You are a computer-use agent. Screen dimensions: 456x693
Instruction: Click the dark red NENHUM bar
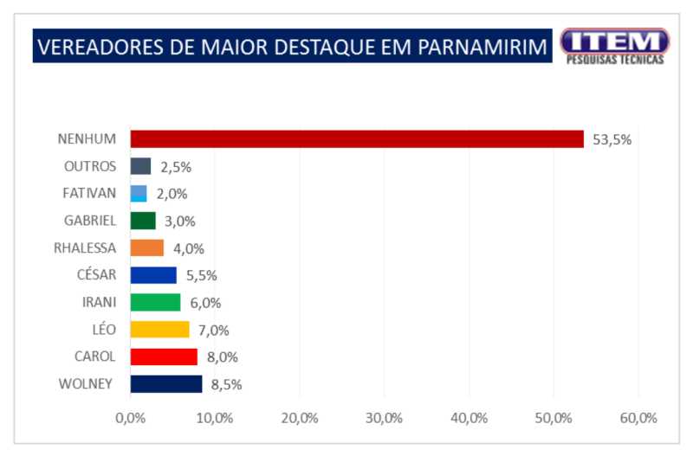[x=357, y=139]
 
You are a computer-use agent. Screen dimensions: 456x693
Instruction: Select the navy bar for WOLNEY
[x=166, y=383]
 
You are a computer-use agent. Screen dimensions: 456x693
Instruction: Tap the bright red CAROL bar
[x=164, y=356]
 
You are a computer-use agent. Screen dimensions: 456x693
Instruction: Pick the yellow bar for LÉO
[x=159, y=330]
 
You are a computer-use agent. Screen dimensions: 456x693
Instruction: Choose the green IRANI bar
[x=155, y=302]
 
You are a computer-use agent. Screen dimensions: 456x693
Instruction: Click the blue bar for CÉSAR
[x=153, y=275]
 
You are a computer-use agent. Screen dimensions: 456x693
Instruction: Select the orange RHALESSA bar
[x=147, y=248]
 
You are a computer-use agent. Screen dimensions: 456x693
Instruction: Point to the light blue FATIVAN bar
[x=139, y=194]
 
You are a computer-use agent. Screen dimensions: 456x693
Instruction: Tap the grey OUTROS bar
[x=140, y=166]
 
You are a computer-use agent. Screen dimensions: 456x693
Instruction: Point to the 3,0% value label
[x=180, y=222]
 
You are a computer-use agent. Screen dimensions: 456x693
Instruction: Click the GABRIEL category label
[x=90, y=221]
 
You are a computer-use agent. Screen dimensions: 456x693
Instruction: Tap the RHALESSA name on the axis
[x=84, y=248]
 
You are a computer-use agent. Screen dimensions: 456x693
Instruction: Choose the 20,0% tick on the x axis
[x=300, y=418]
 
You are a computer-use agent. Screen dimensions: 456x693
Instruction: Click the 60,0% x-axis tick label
[x=638, y=418]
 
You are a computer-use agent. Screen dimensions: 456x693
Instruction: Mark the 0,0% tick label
[x=130, y=418]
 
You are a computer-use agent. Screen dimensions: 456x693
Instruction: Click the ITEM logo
[x=614, y=45]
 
